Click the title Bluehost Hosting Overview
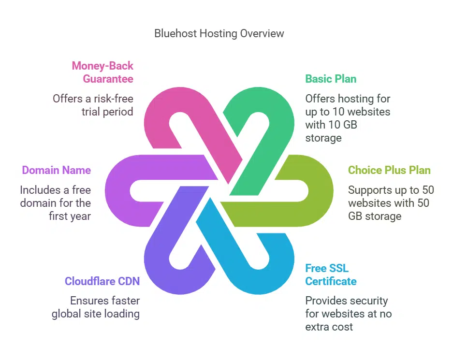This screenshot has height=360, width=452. pos(219,33)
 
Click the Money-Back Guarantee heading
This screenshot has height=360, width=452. pos(102,72)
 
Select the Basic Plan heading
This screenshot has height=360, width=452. pos(331,79)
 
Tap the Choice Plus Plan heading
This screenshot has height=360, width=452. pos(389,170)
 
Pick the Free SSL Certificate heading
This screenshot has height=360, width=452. pos(331,275)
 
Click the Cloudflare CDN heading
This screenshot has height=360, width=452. pos(102,281)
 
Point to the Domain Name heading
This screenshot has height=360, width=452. pos(57,170)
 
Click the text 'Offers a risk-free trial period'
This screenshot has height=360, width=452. pos(93,105)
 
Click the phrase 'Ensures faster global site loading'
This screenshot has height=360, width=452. pos(96,307)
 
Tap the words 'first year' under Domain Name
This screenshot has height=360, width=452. pos(70,216)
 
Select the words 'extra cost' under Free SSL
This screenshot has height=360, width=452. pos(329,327)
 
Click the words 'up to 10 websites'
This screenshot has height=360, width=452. pos(348,112)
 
